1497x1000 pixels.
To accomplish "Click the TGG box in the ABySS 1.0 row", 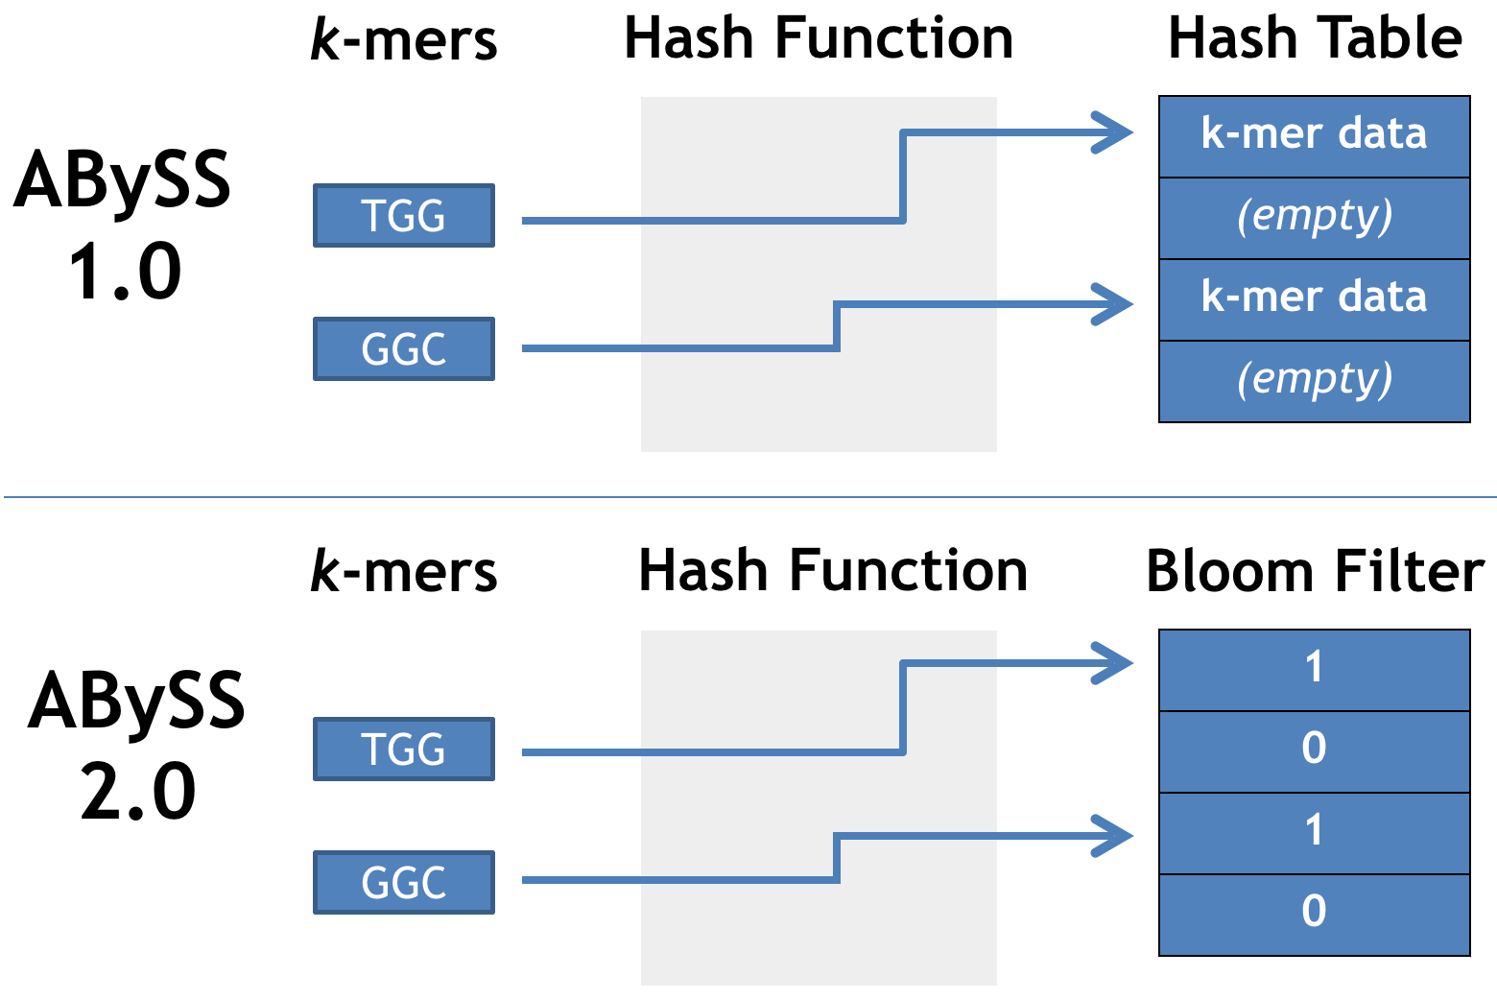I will [x=404, y=216].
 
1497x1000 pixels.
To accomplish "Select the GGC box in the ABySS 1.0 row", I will [x=404, y=349].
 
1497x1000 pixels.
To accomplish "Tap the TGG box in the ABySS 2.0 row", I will [x=404, y=750].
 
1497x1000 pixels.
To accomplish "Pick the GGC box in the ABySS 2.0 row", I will [x=404, y=883].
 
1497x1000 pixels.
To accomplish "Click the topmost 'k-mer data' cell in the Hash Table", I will [x=1314, y=136].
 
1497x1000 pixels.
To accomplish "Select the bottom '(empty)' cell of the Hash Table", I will [x=1314, y=381].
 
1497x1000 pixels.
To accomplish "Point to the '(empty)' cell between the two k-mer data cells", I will [x=1314, y=218].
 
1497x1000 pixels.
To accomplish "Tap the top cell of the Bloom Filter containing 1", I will [x=1314, y=670].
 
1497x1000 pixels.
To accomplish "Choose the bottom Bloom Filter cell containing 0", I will [x=1314, y=914].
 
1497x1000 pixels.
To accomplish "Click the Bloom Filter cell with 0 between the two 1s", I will [x=1314, y=750].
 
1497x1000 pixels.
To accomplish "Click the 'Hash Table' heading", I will [x=1314, y=39].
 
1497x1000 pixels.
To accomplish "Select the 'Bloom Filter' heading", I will [x=1314, y=572].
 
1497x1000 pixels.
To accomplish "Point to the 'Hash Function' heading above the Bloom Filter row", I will [x=833, y=572].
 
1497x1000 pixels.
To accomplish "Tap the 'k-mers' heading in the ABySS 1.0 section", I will [x=404, y=41].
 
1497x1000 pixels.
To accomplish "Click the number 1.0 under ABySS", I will [x=125, y=273].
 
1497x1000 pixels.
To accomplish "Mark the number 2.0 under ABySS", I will [x=138, y=793].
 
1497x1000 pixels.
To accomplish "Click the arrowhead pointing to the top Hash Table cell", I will [x=1115, y=132].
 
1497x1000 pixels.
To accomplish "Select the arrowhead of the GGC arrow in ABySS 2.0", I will [x=1115, y=836].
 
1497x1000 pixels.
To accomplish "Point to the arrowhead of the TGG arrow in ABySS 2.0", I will [x=1115, y=663].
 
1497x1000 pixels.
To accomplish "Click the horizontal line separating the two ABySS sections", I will [x=748, y=497].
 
